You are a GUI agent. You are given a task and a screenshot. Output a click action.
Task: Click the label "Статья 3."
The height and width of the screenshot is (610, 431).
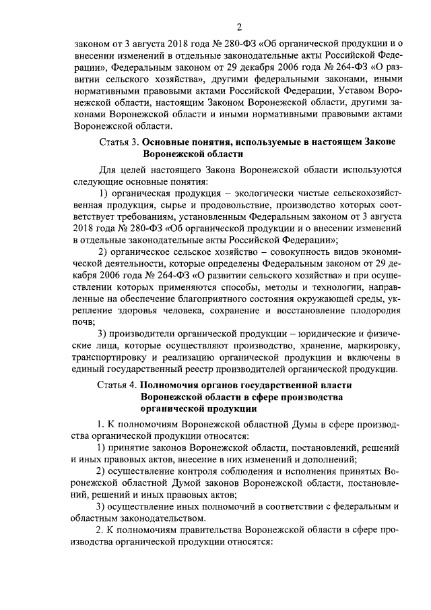(x=119, y=142)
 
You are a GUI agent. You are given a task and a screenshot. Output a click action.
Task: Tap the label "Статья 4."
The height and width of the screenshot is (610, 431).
(x=119, y=384)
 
